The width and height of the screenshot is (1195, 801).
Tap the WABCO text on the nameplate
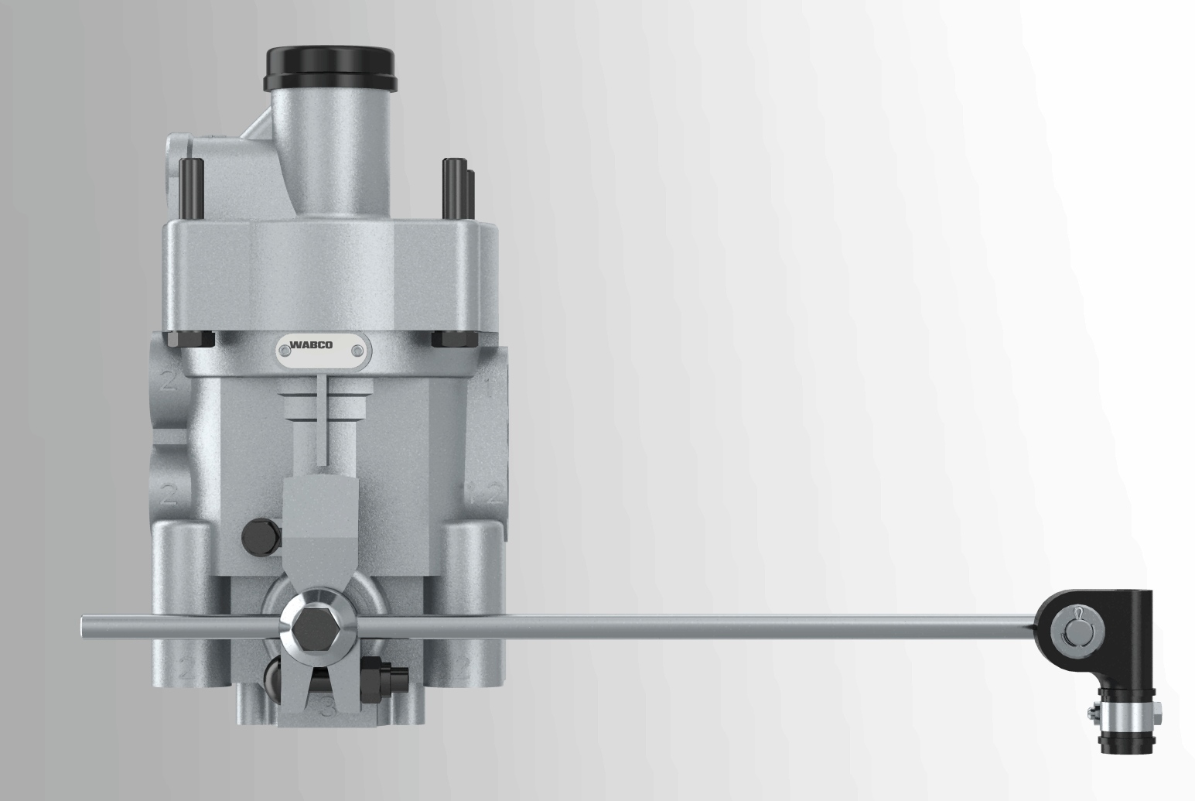312,345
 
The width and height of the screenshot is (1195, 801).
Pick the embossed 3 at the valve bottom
328,709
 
